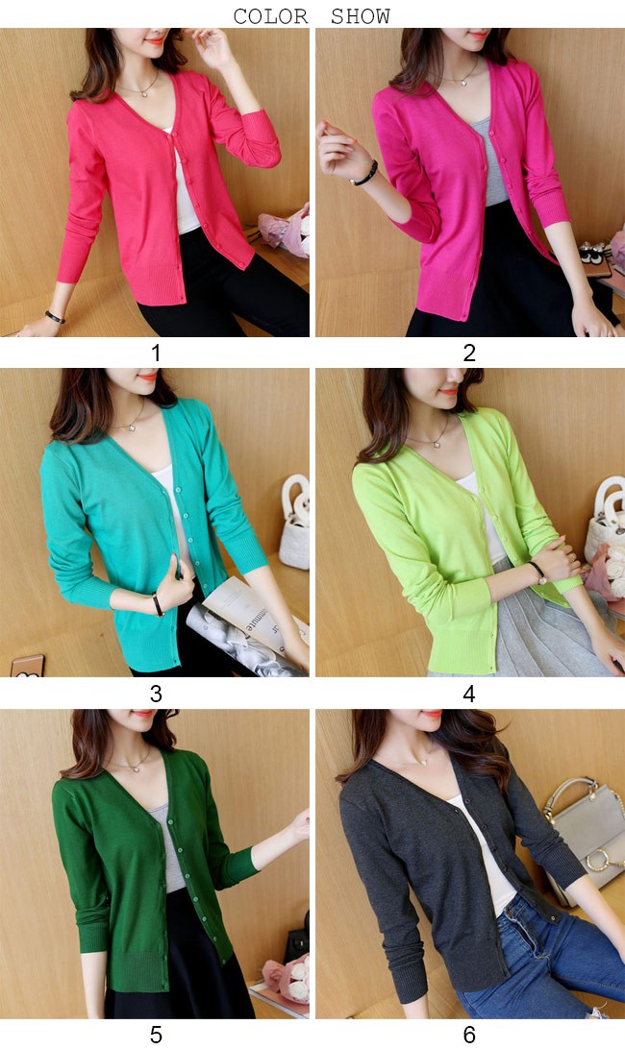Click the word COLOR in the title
pos(270,15)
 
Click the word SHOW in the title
pos(361,15)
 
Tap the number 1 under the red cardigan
pos(156,353)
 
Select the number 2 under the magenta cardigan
pos(469,353)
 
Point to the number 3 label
pos(156,694)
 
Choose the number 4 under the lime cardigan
pos(469,694)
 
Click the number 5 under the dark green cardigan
pos(156,1035)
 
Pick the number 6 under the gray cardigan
pos(469,1035)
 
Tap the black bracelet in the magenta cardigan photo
pos(365,174)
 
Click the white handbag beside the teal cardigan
pos(295,522)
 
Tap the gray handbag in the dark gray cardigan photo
pos(585,840)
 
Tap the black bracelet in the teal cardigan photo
pos(158,605)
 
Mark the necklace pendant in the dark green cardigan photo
pos(137,768)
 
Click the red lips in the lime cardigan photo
pos(449,391)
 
